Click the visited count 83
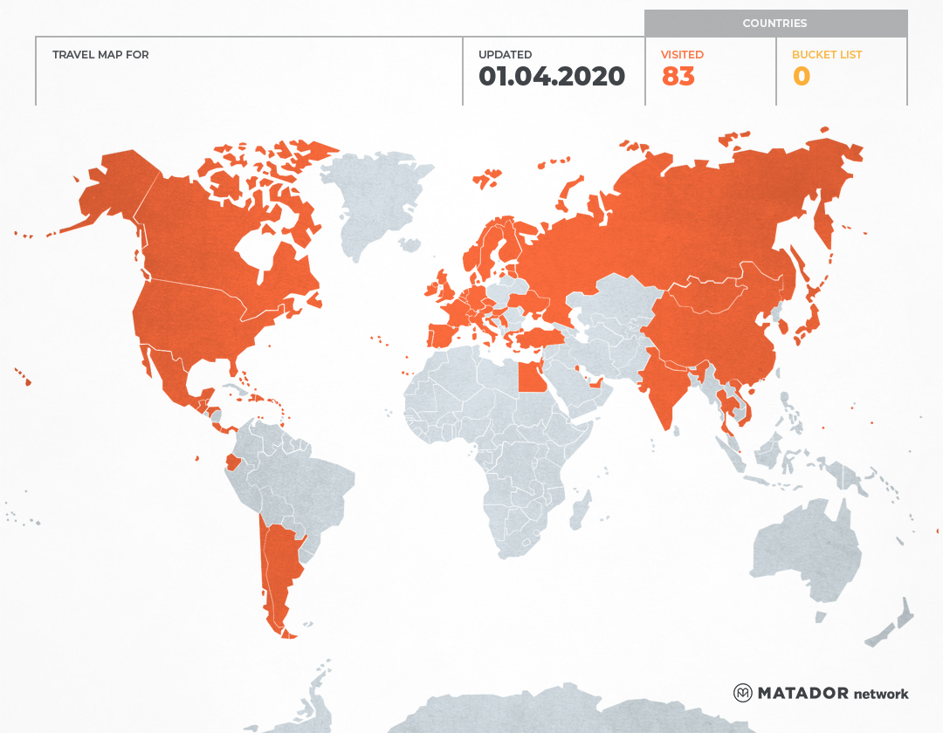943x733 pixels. pos(678,77)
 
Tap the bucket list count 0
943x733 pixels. pos(801,77)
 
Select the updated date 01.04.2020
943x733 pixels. pos(551,77)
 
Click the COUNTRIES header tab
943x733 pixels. pos(774,24)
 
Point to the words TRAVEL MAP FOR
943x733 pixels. pos(100,55)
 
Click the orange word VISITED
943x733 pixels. pos(682,55)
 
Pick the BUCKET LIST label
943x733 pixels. pos(826,55)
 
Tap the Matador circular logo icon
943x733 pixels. pos(742,693)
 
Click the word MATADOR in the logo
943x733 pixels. pos(802,693)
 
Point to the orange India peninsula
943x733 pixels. pos(665,393)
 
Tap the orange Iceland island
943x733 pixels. pos(486,180)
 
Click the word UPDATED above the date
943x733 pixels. pos(505,55)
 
